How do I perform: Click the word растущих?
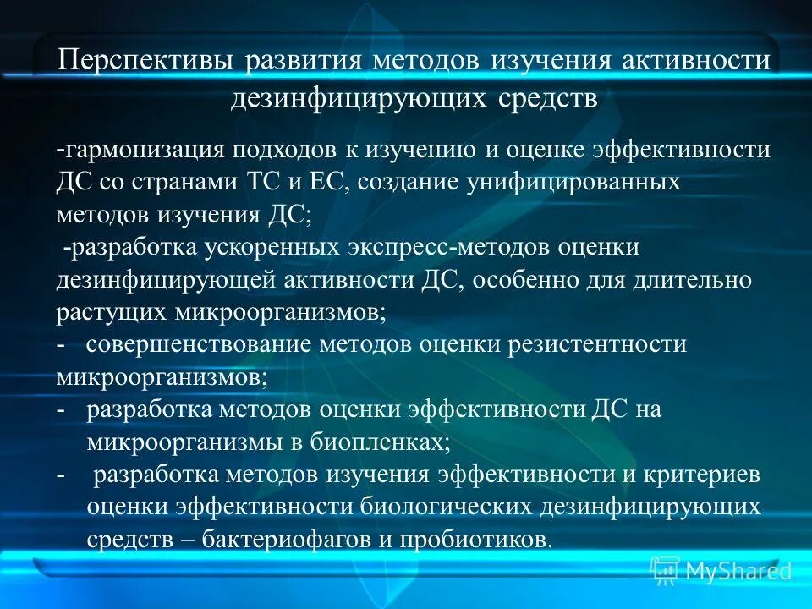(x=112, y=312)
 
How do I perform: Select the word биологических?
(x=443, y=507)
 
